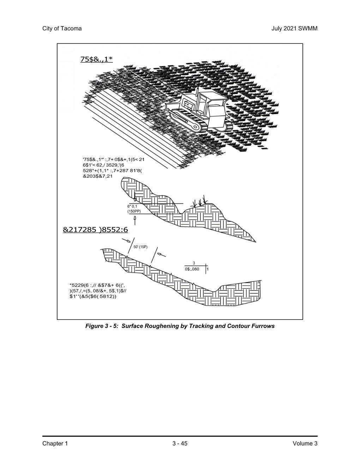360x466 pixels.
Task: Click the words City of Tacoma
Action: pos(62,29)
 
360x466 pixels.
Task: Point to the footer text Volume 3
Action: pos(305,443)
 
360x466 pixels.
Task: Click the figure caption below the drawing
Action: pos(180,326)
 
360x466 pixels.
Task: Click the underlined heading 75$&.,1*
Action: pos(96,59)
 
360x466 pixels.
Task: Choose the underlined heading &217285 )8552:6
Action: pos(95,230)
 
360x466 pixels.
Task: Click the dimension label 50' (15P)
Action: pos(140,247)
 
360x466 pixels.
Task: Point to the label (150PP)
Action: pos(134,211)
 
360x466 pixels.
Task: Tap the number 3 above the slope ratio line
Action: pos(194,263)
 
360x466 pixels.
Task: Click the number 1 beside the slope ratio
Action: pos(208,269)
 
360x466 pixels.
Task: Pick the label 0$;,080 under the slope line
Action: pos(192,269)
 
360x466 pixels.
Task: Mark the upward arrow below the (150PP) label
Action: pos(135,220)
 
